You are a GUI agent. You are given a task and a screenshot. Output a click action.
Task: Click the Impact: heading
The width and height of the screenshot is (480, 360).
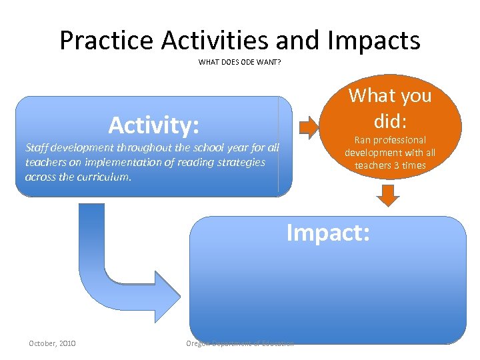coord(328,233)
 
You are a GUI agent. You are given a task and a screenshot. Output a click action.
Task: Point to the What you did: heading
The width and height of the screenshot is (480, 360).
coord(390,108)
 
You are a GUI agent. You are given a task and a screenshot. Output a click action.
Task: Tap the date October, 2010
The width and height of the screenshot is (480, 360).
coord(52,343)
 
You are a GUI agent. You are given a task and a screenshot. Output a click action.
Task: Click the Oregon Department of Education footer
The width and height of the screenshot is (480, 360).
coord(241,343)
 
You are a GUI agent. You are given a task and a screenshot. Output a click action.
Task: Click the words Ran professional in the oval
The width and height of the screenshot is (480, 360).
coord(390,140)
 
